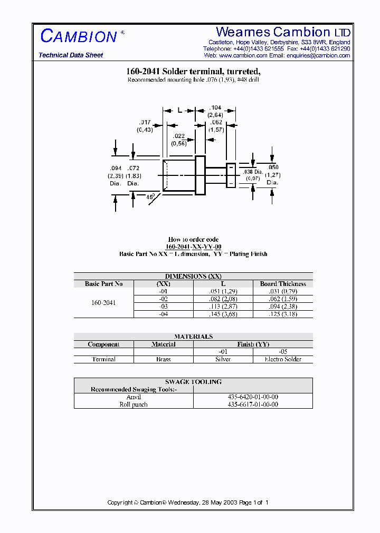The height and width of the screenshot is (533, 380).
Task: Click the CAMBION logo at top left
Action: (79, 36)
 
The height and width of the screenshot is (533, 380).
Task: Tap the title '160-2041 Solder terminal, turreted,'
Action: (193, 72)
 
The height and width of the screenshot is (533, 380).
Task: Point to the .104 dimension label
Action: (215, 107)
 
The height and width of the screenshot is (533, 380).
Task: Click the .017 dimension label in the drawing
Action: (145, 122)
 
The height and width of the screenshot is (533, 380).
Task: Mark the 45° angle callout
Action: (150, 196)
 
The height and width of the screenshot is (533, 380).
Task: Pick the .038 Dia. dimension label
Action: (252, 172)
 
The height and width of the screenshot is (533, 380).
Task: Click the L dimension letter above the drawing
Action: (179, 110)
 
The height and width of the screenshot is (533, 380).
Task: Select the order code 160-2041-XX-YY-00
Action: (193, 246)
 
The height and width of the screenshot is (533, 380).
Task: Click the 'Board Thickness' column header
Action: (283, 284)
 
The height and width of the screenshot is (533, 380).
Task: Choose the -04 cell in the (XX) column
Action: (163, 314)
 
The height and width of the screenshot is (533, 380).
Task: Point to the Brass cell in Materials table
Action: (163, 359)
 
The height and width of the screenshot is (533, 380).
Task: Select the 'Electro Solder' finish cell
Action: (283, 359)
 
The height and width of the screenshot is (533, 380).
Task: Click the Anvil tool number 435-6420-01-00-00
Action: (253, 397)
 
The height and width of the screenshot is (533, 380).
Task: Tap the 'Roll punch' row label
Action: (134, 404)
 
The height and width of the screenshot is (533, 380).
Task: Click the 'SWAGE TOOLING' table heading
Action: (193, 382)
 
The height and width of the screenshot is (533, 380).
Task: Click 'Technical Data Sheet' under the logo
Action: (71, 55)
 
